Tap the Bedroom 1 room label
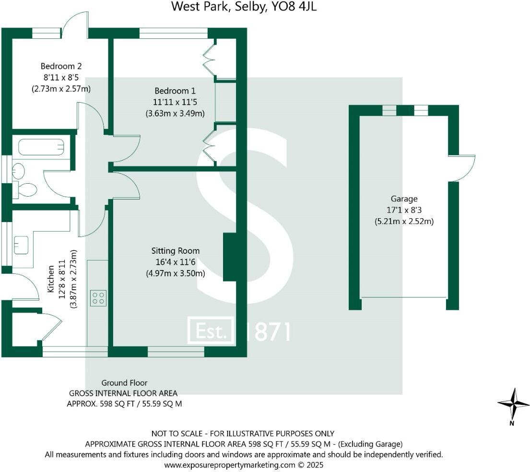pos(175,91)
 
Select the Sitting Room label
pos(175,251)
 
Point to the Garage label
pos(404,199)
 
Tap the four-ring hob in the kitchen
pos(98,298)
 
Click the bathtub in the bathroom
pos(41,147)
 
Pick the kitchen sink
pos(21,245)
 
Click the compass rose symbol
pos(513,404)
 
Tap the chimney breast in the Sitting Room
pos(231,257)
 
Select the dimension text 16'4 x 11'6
pos(175,262)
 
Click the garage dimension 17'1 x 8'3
pos(404,210)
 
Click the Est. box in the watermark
pos(211,330)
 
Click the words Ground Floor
pos(124,383)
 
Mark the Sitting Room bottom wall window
pos(176,352)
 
